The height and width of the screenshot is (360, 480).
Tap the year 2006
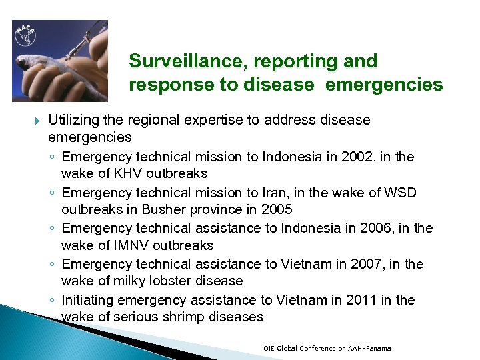363,229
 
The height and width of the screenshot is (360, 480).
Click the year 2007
352,265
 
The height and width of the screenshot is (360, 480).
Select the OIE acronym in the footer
269,349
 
